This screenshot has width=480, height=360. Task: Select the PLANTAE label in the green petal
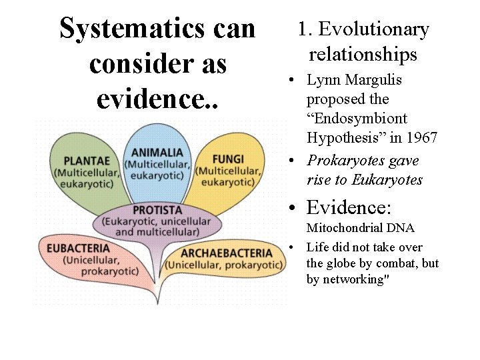pos(87,161)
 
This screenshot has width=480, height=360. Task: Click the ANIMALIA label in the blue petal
pos(157,153)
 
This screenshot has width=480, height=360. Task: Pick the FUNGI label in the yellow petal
pos(228,159)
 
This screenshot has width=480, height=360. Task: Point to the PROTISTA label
pos(157,210)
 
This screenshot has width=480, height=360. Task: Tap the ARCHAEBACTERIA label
pos(227,253)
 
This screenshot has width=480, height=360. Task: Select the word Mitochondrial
pos(343,229)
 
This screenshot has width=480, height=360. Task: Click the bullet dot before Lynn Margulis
pos(292,81)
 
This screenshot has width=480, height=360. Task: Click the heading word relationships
pos(363,54)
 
